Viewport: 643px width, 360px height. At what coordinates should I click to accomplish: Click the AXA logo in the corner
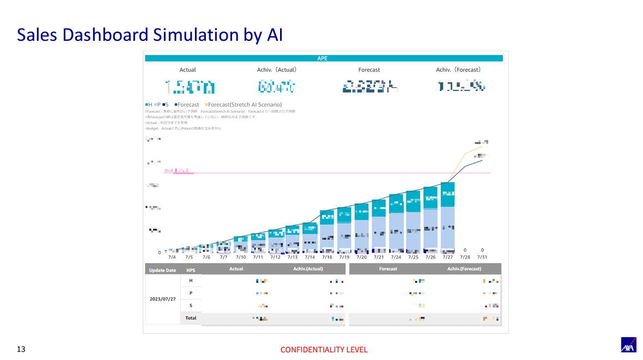tap(629, 345)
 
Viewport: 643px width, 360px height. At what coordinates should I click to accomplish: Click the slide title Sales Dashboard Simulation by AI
tap(149, 35)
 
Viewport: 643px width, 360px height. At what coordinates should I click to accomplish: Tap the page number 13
tap(21, 349)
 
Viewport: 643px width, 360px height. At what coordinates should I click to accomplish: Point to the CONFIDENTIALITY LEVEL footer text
tap(324, 350)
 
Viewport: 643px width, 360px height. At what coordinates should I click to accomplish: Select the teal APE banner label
tap(323, 58)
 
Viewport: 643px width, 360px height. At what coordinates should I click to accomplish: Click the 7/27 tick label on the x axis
tap(447, 257)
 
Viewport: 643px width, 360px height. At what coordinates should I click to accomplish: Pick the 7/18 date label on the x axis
tap(326, 257)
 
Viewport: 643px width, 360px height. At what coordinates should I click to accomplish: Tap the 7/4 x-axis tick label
tap(172, 257)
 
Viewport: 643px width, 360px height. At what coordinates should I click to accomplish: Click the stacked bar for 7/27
tap(447, 218)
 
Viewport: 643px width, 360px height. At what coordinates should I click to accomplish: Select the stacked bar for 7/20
tap(361, 229)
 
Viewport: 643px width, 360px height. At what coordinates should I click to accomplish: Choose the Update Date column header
tap(163, 270)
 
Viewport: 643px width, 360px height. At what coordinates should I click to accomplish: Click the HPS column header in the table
tap(191, 270)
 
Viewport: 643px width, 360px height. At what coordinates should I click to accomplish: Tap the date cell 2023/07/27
tap(163, 299)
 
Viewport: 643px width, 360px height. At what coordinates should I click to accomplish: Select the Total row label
tap(191, 318)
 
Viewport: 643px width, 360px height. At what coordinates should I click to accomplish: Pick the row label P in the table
tap(191, 293)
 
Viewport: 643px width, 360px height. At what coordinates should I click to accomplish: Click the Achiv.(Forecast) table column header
tap(464, 269)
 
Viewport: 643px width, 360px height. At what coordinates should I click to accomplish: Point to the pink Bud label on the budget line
tap(169, 170)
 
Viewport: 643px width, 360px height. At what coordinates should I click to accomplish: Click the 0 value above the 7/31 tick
tap(482, 250)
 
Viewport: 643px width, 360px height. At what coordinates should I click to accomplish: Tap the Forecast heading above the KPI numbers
tap(369, 70)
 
